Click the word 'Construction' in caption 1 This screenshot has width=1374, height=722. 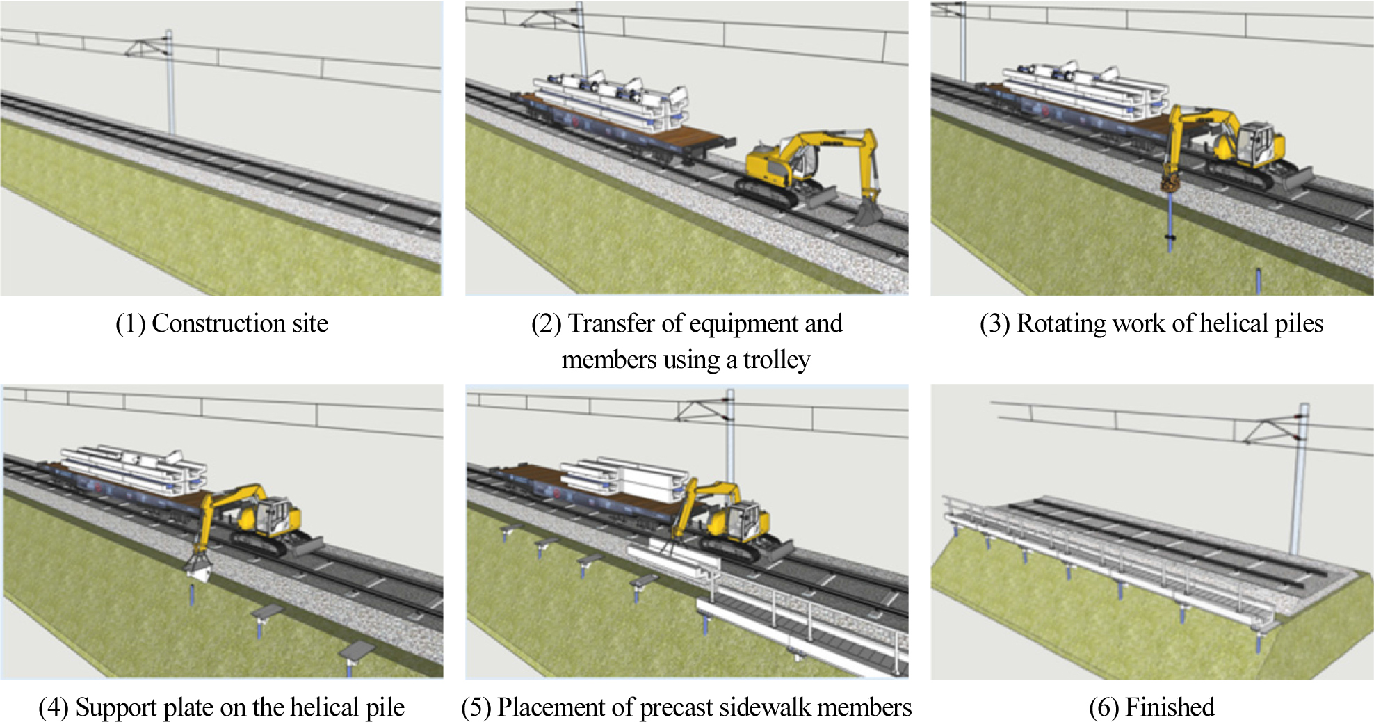(218, 323)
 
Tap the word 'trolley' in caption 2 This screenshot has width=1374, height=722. (776, 360)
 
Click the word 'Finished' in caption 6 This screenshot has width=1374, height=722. (1170, 707)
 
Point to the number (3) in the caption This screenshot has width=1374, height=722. (994, 324)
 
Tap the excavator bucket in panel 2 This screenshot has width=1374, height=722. (866, 210)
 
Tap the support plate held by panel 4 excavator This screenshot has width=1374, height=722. (198, 568)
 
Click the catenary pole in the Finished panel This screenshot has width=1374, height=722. (1299, 480)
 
